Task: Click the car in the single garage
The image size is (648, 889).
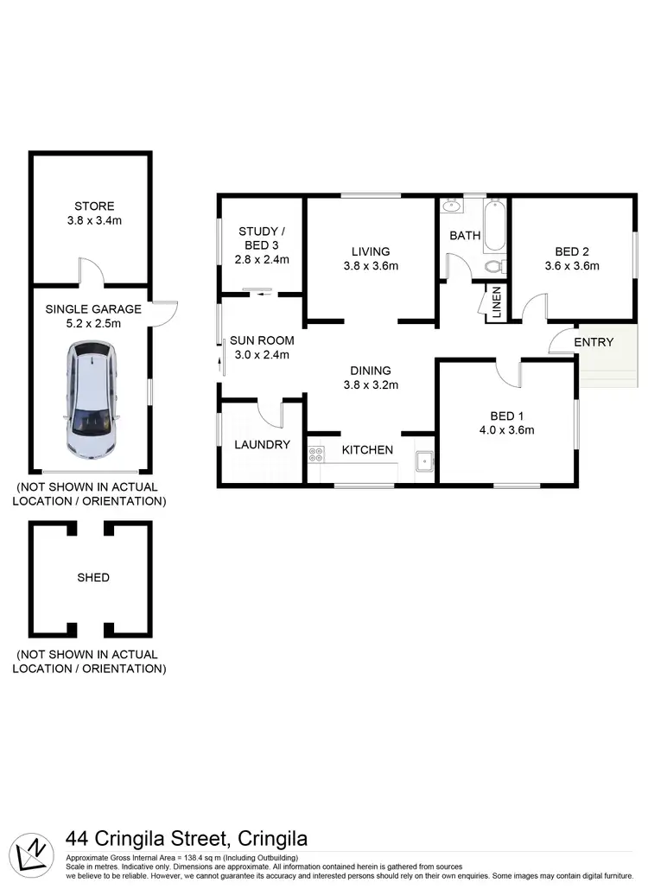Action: [90, 399]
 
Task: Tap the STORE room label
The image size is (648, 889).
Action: [94, 206]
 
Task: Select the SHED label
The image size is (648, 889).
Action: [92, 577]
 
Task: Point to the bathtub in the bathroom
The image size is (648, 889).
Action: [496, 224]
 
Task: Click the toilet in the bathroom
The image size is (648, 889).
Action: [495, 266]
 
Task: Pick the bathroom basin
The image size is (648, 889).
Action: [451, 206]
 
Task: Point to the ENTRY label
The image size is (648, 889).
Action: [594, 342]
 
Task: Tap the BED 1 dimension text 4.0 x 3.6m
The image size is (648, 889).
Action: [508, 430]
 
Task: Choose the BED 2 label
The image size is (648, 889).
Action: [572, 251]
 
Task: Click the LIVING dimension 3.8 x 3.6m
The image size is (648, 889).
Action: [371, 266]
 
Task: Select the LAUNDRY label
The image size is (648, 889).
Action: [262, 445]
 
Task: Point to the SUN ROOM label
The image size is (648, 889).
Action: [262, 340]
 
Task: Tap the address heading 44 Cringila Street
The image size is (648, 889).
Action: [187, 839]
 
